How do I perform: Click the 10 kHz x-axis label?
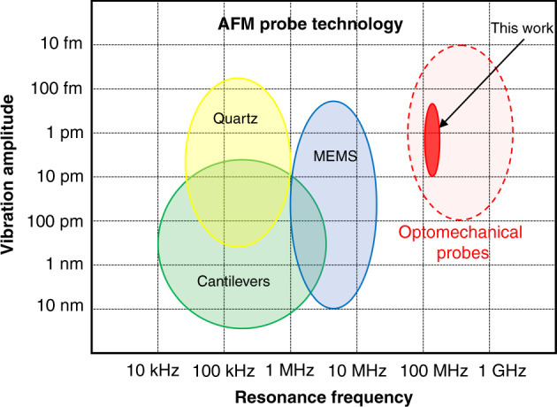point(156,368)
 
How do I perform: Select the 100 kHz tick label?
point(224,368)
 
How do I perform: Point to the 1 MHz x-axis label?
point(290,368)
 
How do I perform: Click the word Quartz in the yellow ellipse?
point(236,117)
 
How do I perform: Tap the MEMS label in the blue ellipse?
point(333,157)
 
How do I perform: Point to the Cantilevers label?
point(234,281)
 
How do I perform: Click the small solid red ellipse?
point(432,140)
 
